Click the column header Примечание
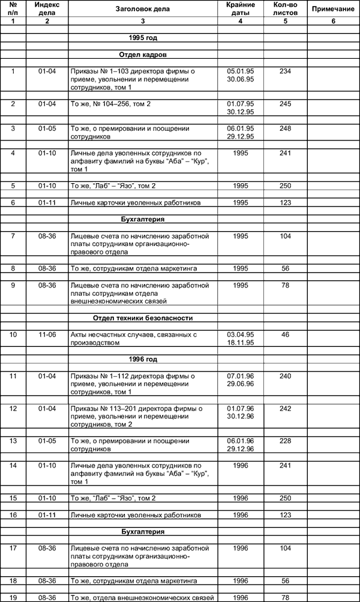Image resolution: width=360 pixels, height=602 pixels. pos(333,10)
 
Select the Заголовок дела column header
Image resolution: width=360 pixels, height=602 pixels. pos(142,10)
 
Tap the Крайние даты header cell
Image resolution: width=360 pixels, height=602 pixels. pos(240,9)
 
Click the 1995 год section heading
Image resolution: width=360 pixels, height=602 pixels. pos(143,38)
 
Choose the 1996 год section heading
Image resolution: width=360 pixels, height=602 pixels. pos(143,359)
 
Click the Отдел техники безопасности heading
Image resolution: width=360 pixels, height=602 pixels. pos(142,318)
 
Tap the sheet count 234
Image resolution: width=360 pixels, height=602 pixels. pos(285,71)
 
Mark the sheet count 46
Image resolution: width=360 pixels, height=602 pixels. pos(285,334)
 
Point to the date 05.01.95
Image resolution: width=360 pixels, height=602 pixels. pos(240,71)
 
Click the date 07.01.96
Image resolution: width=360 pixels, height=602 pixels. pos(240,376)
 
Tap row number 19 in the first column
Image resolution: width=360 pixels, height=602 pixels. pos(13,597)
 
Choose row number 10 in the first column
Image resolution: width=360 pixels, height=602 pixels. pos(13,334)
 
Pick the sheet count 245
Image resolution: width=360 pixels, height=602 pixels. pos(285,104)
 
